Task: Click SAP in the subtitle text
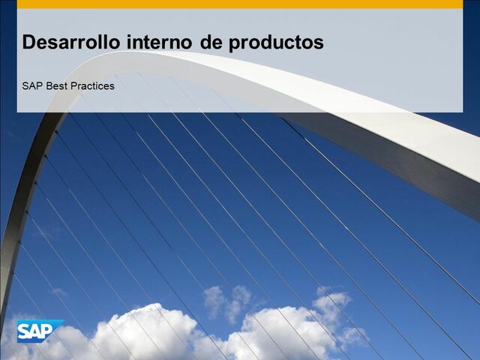point(32,86)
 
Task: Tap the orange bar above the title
point(240,4)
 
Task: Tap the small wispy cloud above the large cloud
point(226,300)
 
